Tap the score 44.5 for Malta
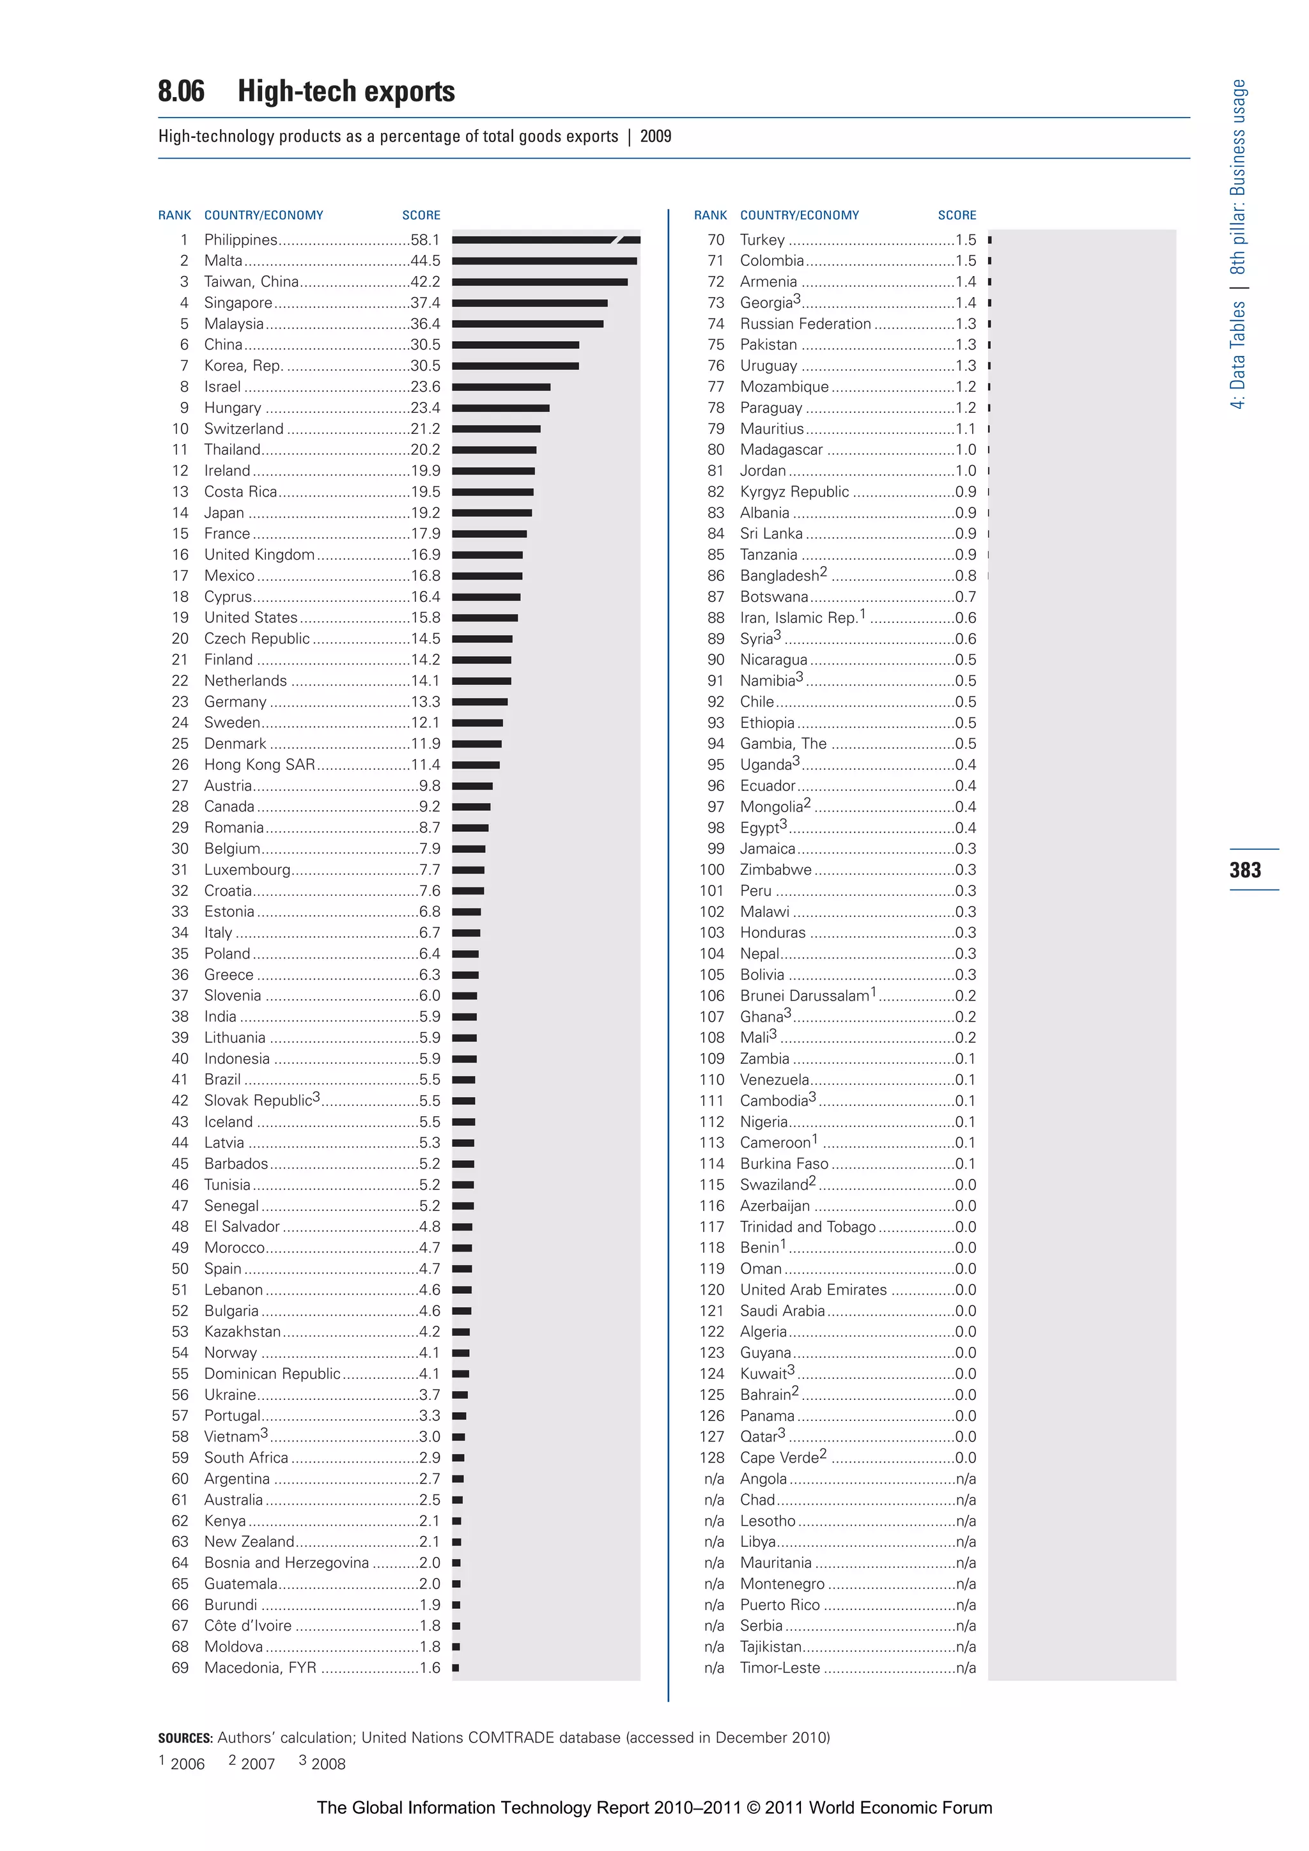tap(425, 261)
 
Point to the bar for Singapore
tap(529, 303)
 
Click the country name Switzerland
tap(244, 429)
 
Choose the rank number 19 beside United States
tap(180, 618)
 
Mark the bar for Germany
tap(479, 702)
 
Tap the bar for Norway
tap(461, 1353)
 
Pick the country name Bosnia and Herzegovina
tap(286, 1562)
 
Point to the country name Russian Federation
tap(805, 324)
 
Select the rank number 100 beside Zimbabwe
tap(711, 870)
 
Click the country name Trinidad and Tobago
tap(807, 1227)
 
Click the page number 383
tap(1244, 870)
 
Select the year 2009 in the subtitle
tap(655, 136)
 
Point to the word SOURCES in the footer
tap(185, 1738)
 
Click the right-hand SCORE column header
tap(957, 215)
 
